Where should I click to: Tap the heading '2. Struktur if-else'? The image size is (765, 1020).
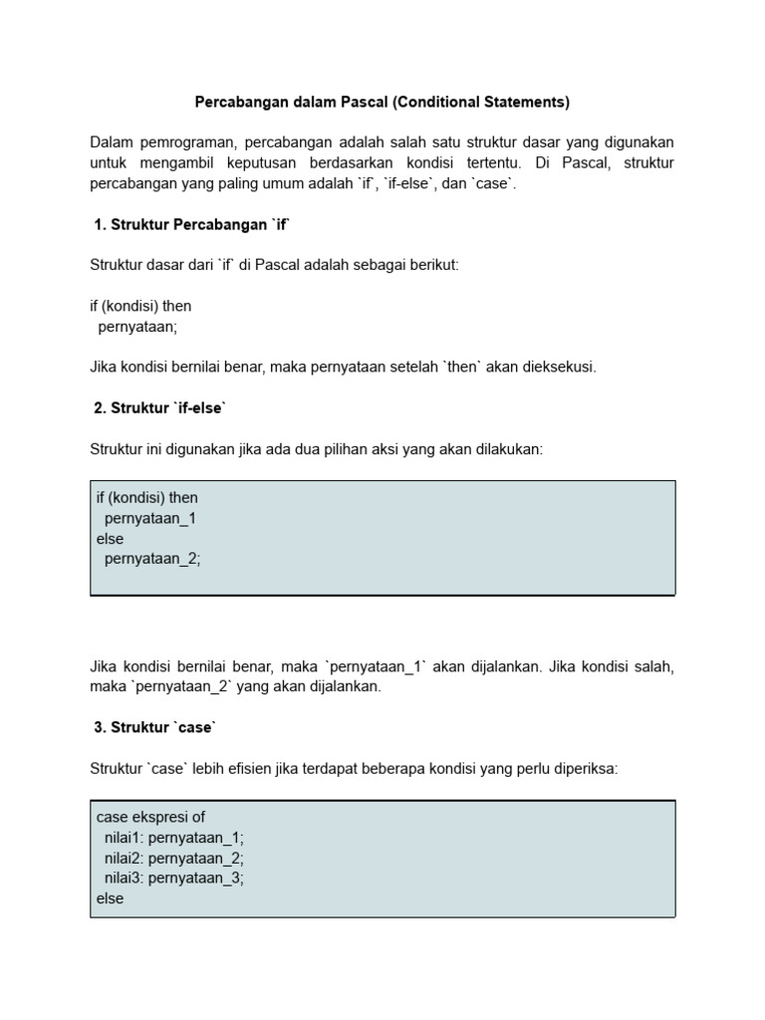click(x=160, y=408)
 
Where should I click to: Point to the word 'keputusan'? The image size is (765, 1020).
click(x=248, y=163)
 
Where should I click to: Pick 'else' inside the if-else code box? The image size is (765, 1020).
click(x=111, y=539)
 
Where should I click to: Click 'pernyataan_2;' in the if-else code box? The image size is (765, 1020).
click(x=152, y=559)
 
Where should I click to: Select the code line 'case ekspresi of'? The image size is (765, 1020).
click(x=150, y=817)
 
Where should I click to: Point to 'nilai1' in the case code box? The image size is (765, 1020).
click(x=124, y=838)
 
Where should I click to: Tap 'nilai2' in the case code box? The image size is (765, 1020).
click(x=124, y=858)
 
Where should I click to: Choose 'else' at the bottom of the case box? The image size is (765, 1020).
click(x=111, y=898)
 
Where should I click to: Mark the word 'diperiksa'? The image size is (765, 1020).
click(x=585, y=768)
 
